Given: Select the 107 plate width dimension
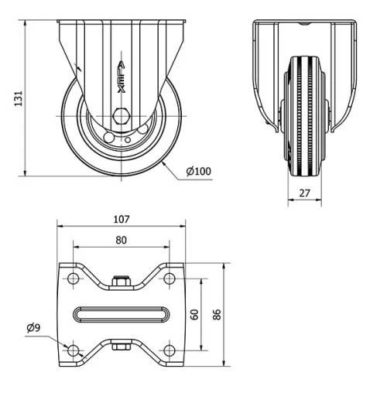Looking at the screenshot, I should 121,219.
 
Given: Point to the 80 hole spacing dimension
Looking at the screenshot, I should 121,240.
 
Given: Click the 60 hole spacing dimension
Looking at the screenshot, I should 196,314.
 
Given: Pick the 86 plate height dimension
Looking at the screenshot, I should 217,314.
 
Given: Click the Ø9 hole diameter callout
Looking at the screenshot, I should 33,328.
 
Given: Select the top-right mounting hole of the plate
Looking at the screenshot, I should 169,278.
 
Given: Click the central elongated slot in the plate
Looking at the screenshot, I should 121,314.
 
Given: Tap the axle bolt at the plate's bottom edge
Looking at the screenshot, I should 121,346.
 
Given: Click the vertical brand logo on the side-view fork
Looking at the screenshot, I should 121,77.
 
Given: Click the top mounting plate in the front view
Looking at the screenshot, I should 305,25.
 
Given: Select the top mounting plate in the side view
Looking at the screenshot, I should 121,25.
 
